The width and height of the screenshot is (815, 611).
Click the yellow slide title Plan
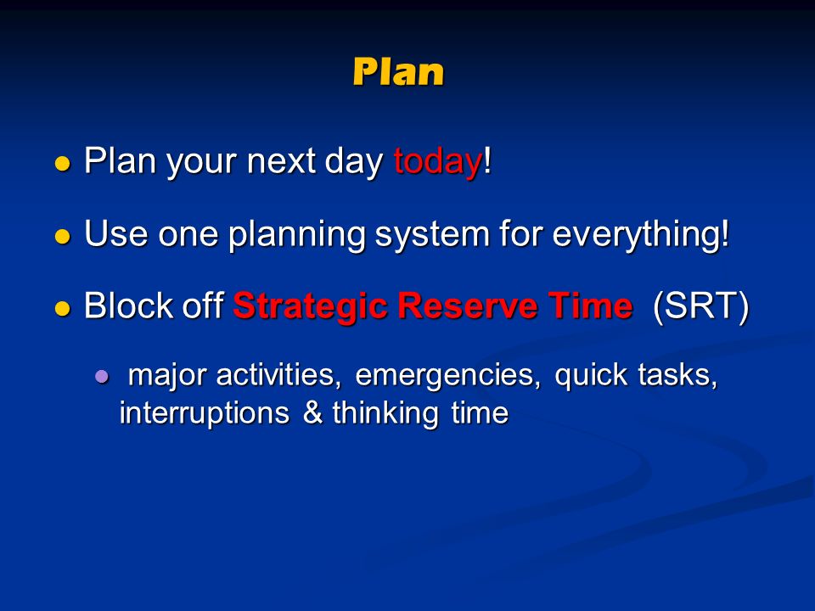(398, 71)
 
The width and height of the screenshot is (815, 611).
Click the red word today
(437, 161)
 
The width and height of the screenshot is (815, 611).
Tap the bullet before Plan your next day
(62, 164)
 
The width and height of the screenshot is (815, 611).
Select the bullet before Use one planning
(62, 237)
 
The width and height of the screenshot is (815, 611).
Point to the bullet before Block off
(62, 308)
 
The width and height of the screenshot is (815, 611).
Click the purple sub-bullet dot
(103, 376)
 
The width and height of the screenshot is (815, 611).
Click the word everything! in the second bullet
(641, 234)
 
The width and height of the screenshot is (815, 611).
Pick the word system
(432, 235)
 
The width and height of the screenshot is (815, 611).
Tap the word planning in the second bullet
(297, 234)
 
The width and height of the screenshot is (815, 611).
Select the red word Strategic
(310, 306)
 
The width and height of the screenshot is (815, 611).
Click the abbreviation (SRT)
(700, 306)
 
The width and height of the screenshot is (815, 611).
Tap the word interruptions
(205, 413)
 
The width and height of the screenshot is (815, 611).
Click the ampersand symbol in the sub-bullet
(312, 412)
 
